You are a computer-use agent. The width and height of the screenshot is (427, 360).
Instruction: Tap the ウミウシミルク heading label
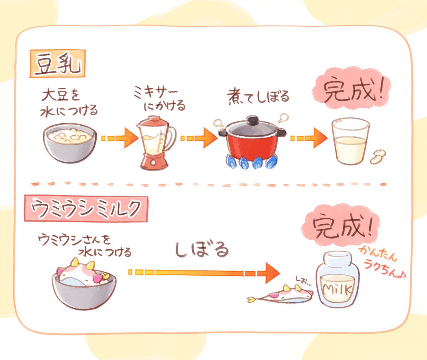(86, 209)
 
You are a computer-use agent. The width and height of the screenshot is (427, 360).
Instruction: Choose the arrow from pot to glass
(308, 138)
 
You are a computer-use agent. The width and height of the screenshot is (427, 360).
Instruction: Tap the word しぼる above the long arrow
(201, 249)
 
